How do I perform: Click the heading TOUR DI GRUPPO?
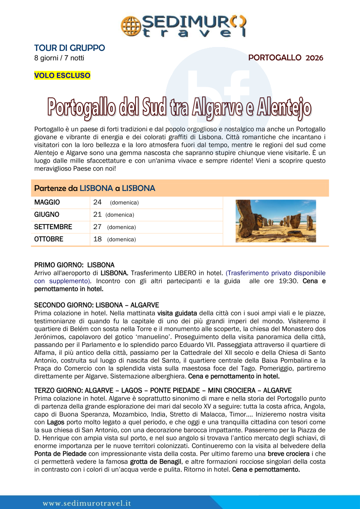click(69, 48)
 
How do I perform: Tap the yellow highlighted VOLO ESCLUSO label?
click(62, 76)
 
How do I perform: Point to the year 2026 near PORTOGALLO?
click(314, 58)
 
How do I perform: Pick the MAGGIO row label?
click(47, 202)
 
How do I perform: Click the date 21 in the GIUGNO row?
click(97, 215)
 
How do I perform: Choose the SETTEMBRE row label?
click(53, 227)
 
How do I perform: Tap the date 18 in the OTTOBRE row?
click(97, 239)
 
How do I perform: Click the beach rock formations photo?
click(276, 221)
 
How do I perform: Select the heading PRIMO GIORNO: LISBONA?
click(74, 265)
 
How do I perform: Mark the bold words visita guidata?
click(177, 313)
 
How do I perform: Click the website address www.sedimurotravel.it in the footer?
click(87, 503)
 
